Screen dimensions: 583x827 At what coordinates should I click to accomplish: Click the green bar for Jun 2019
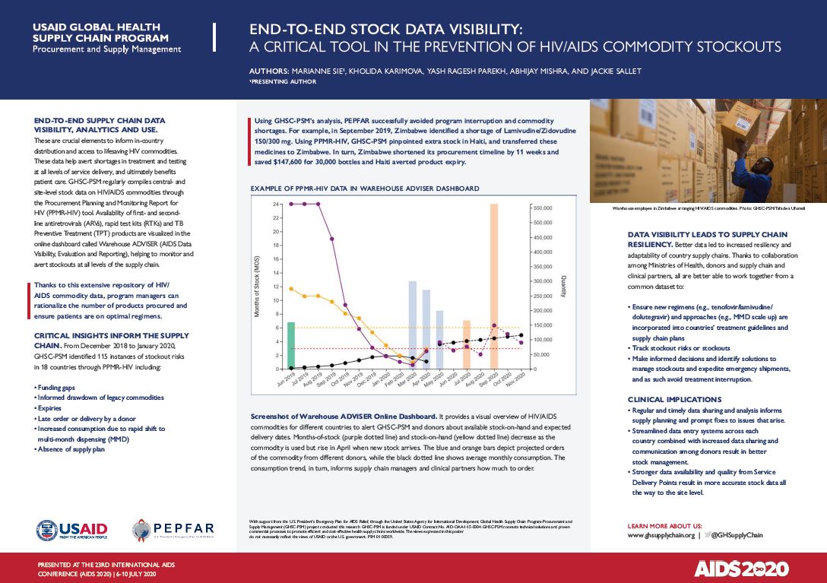[290, 346]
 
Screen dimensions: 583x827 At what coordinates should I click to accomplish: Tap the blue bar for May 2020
[439, 340]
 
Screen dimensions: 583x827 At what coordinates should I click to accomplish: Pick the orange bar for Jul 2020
[467, 345]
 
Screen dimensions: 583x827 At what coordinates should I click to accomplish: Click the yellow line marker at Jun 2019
[291, 289]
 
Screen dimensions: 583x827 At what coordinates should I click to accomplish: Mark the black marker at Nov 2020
[521, 335]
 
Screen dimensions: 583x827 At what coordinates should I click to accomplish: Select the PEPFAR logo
[173, 530]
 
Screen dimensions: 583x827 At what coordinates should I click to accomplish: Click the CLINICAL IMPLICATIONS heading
[674, 399]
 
